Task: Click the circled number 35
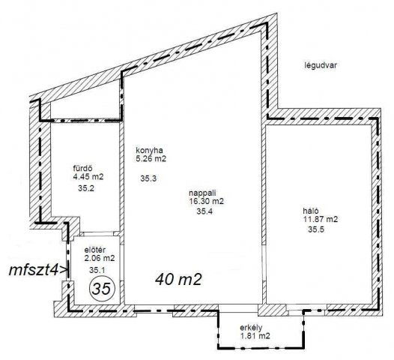pyautogui.click(x=103, y=289)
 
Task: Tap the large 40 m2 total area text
pyautogui.click(x=179, y=279)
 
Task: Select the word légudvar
pyautogui.click(x=321, y=65)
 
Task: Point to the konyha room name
pyautogui.click(x=149, y=150)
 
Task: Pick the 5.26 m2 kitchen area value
pyautogui.click(x=151, y=159)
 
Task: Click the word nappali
pyautogui.click(x=202, y=193)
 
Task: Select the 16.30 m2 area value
pyautogui.click(x=206, y=201)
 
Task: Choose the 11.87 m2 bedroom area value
pyautogui.click(x=321, y=219)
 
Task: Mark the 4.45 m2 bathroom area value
pyautogui.click(x=88, y=176)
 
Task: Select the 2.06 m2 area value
pyautogui.click(x=100, y=258)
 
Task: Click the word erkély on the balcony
pyautogui.click(x=251, y=328)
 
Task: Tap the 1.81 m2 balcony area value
pyautogui.click(x=255, y=336)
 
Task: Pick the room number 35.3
pyautogui.click(x=148, y=178)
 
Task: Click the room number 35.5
pyautogui.click(x=316, y=229)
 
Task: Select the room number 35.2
pyautogui.click(x=86, y=188)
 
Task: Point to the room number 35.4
pyautogui.click(x=204, y=211)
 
